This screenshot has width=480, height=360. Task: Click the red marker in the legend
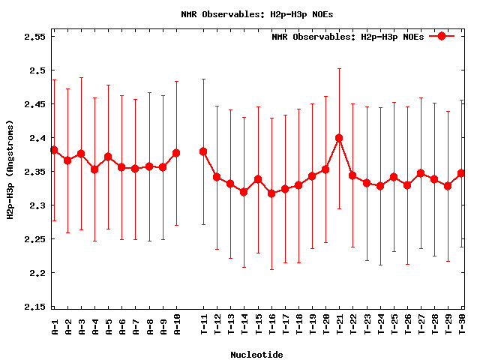[x=442, y=36]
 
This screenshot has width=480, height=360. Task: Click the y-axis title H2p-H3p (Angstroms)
[x=10, y=172]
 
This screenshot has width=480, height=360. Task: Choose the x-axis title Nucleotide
[x=256, y=354]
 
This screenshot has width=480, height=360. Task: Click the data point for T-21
[x=339, y=138]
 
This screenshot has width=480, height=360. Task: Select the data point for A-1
[x=54, y=150]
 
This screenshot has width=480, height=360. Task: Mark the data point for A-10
[x=176, y=153]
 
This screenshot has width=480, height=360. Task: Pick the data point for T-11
[x=203, y=151]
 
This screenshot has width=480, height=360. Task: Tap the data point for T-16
[x=271, y=193]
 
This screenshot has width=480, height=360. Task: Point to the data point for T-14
[x=244, y=192]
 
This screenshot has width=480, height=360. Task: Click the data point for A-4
[x=94, y=169]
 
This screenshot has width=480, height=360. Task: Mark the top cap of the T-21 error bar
[x=339, y=68]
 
